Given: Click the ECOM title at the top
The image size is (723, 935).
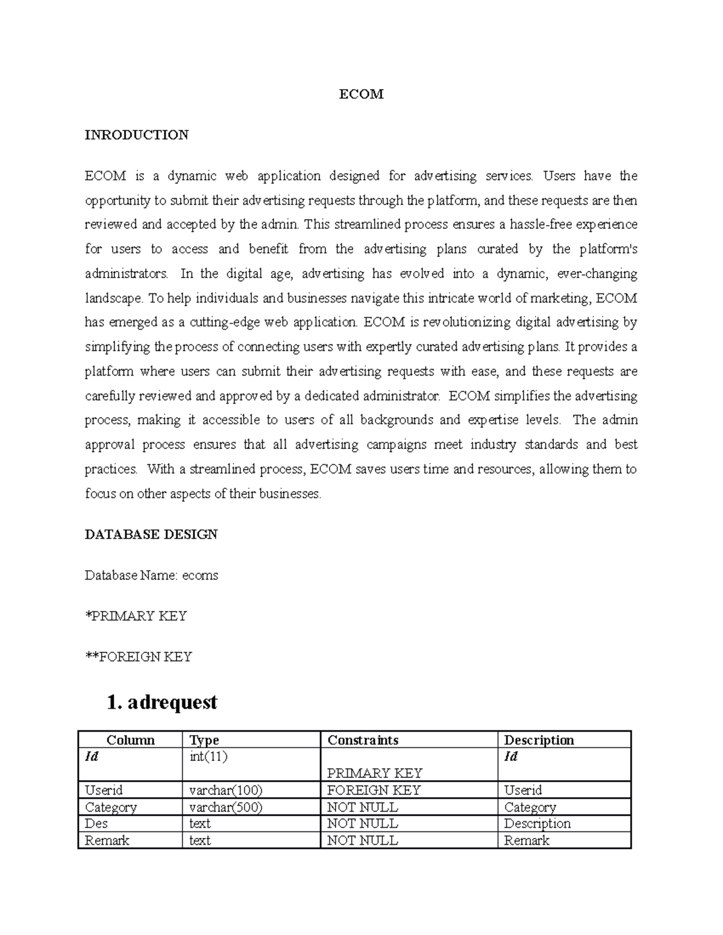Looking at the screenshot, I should coord(361,94).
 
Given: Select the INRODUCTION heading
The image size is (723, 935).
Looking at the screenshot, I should coord(136,135).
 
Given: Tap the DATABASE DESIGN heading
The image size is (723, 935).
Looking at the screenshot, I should coord(151,535).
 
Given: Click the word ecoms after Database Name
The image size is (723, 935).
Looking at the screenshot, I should coord(200,576).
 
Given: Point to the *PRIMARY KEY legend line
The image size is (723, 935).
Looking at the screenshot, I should coord(136,616).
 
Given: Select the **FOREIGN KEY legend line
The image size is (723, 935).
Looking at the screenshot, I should coord(138,657).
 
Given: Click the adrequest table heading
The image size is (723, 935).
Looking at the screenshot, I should coord(161,703).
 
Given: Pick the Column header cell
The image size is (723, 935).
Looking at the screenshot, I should coord(130,740).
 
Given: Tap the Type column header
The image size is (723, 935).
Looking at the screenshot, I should coord(204,740).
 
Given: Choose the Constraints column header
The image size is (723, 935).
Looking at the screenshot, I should coord(363,740).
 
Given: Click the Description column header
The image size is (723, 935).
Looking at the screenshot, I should coord(539,740).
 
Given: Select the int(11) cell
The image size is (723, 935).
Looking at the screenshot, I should coord(208,757).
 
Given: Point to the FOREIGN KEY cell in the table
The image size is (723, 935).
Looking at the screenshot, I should coord(374,790).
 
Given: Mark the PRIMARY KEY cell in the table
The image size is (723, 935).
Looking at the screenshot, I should coord(374,773).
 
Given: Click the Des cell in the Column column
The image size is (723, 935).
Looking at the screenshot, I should coord(96,824).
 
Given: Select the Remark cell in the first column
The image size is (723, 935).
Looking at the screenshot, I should coord(107,840).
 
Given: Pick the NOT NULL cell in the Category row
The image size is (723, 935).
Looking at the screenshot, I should coord(362,807).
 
